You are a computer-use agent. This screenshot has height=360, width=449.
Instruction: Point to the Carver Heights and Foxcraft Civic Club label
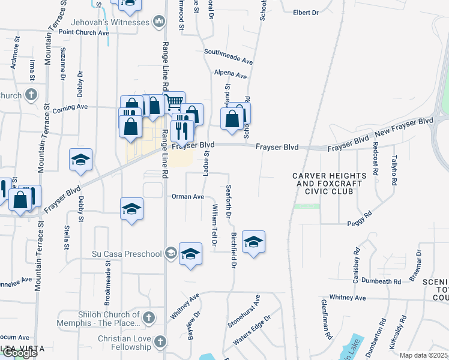pos(325,184)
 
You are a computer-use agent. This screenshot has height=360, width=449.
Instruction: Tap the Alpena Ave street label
pos(231,76)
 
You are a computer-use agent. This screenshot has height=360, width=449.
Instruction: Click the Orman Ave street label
pos(188,196)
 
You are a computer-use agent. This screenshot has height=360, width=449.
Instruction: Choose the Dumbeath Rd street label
pos(381,281)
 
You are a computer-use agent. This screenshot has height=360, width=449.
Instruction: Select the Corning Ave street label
pos(70,107)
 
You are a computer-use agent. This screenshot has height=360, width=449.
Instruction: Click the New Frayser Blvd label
pos(403,127)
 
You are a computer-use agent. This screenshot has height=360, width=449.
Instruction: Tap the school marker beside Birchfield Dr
pos(253,242)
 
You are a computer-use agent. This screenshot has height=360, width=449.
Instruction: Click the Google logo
pos(20,353)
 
